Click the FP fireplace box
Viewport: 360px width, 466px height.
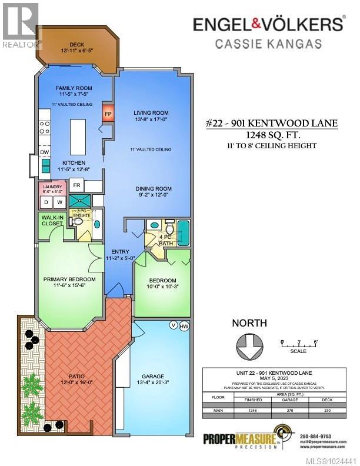pos(108,113)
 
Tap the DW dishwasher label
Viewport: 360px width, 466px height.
pos(44,152)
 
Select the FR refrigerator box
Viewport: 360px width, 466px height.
pos(77,185)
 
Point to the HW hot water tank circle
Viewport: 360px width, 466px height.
pos(184,325)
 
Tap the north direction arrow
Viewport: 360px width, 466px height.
pos(249,345)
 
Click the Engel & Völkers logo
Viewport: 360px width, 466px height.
pos(269,24)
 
